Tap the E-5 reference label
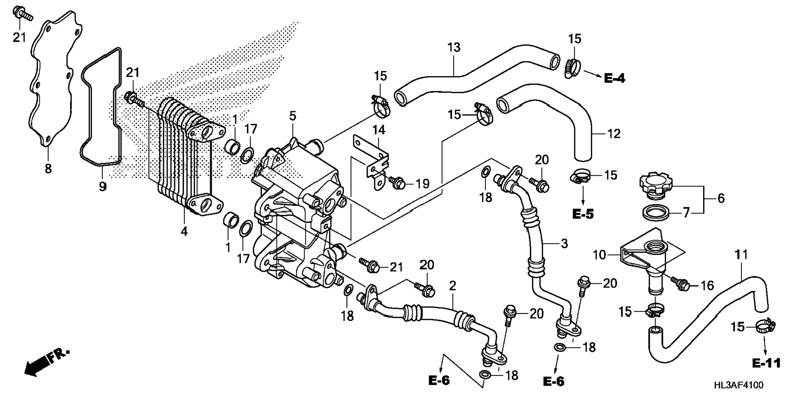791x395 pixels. point(583,214)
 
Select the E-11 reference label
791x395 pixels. point(766,363)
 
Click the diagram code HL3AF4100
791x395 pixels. point(739,385)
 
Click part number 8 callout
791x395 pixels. point(48,168)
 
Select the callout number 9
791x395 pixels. point(103,187)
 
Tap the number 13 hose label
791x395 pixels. point(454,47)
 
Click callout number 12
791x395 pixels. point(613,134)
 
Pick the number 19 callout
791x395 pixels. point(422,184)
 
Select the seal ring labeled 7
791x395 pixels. point(656,213)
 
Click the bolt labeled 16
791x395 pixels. point(680,284)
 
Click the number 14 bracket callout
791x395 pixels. point(378,130)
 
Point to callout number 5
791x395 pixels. point(293,116)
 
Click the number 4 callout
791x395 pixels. point(184,231)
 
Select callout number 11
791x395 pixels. point(741,255)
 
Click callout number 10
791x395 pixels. point(599,256)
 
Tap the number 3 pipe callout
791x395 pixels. point(564,244)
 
